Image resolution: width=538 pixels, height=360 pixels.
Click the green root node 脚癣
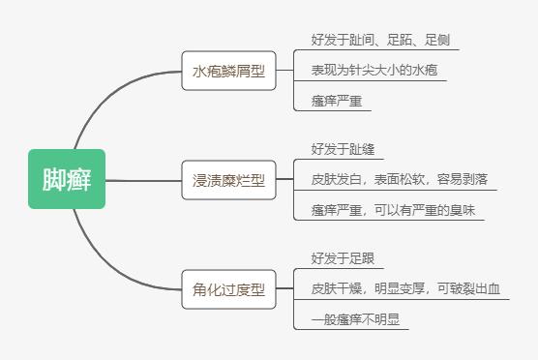pyautogui.click(x=67, y=179)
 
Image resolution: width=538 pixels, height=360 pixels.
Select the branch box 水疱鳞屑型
pyautogui.click(x=228, y=71)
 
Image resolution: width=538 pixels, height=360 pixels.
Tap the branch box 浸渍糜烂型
pyautogui.click(x=228, y=180)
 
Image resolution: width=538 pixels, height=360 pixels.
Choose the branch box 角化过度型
pyautogui.click(x=228, y=288)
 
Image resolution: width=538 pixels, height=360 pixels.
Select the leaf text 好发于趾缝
pyautogui.click(x=336, y=149)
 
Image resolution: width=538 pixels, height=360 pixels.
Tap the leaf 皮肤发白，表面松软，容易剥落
pyautogui.click(x=399, y=180)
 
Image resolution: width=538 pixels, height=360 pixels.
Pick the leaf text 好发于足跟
pyautogui.click(x=336, y=258)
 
